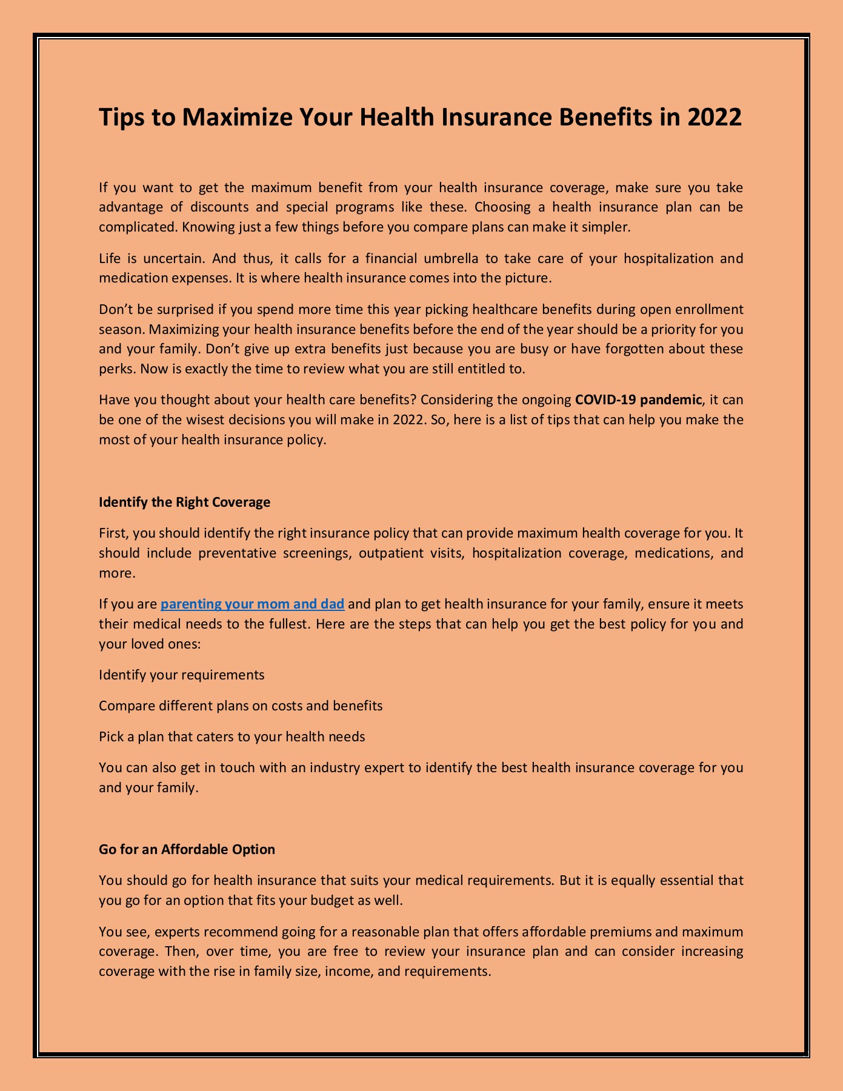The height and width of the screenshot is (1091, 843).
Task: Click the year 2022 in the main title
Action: (x=715, y=117)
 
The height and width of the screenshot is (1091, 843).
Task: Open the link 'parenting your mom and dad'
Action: (x=252, y=604)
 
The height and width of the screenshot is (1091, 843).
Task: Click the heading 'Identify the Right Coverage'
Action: (x=184, y=502)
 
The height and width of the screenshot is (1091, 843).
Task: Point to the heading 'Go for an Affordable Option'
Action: (x=187, y=849)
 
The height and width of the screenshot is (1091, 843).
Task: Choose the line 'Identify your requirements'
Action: (x=181, y=675)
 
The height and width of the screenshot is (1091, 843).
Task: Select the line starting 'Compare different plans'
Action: (x=241, y=706)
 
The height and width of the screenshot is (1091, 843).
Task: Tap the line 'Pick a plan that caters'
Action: (x=232, y=737)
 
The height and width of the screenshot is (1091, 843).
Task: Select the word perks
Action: (x=113, y=369)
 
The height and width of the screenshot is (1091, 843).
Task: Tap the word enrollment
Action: (x=708, y=309)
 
